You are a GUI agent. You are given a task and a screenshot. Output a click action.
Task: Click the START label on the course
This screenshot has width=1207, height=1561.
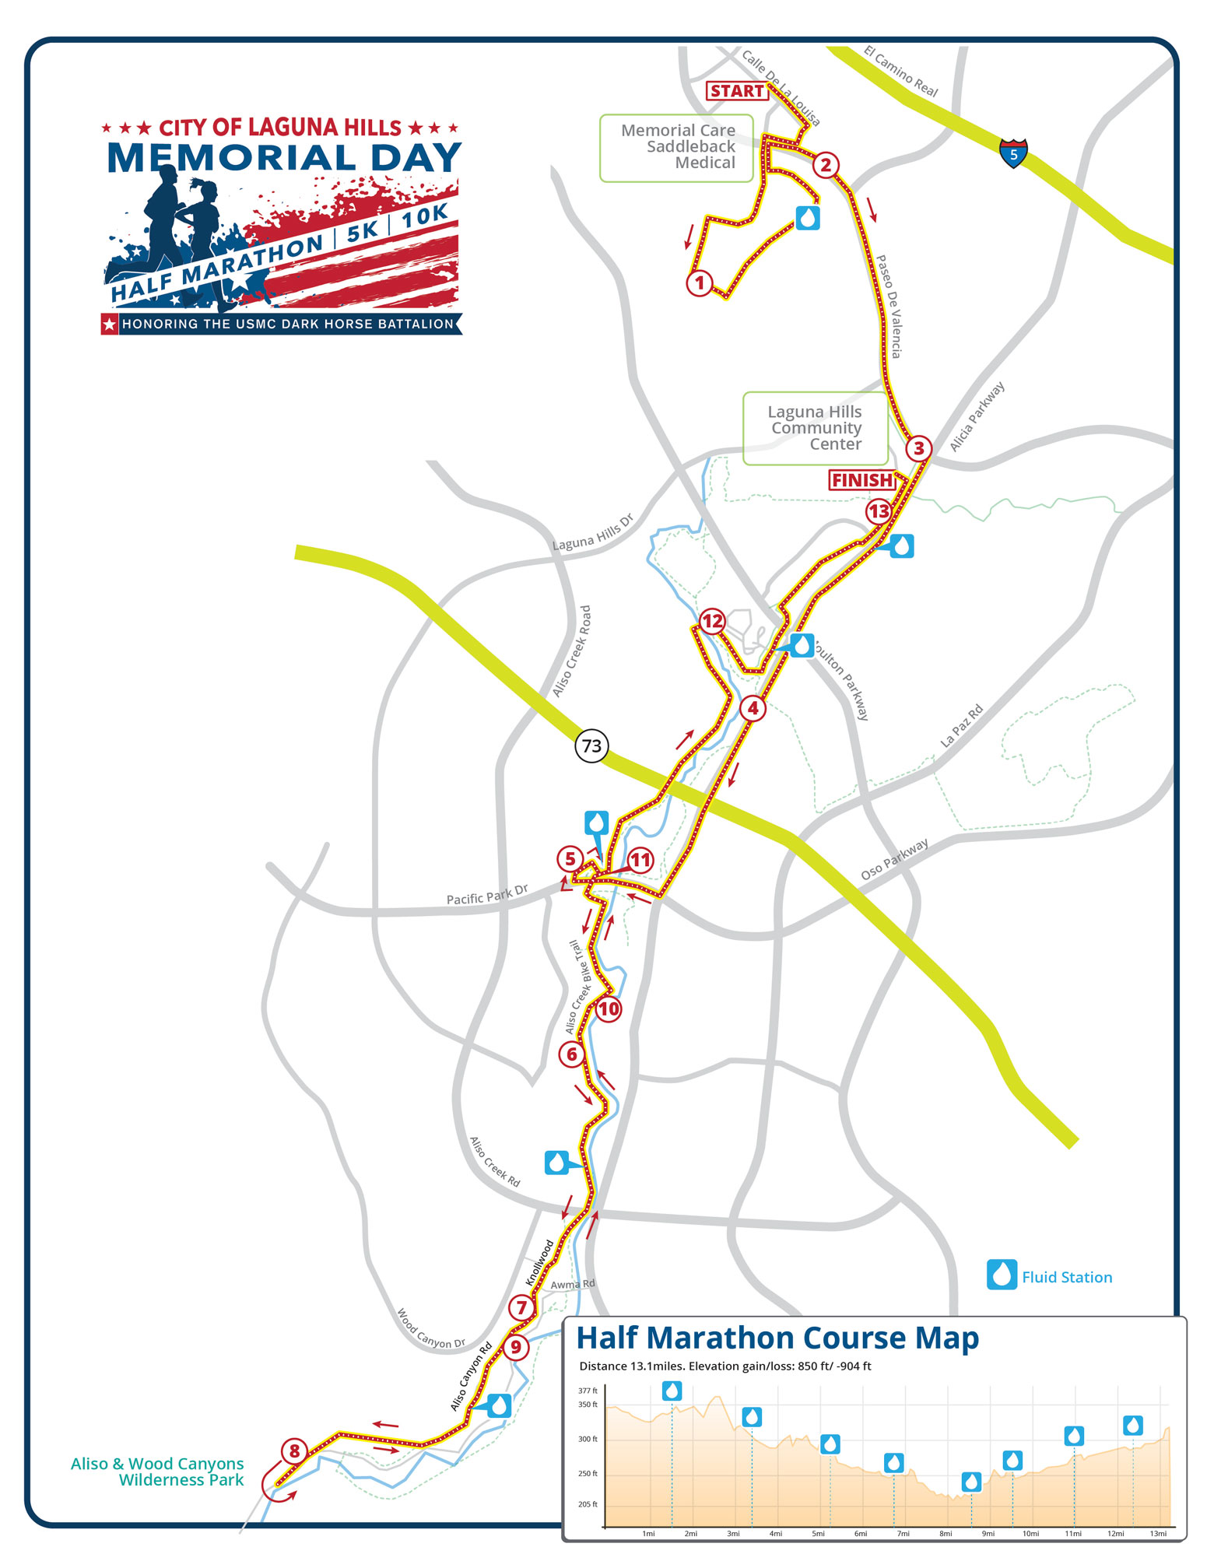pyautogui.click(x=736, y=91)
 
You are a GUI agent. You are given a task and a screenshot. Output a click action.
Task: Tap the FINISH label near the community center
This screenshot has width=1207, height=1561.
pyautogui.click(x=861, y=480)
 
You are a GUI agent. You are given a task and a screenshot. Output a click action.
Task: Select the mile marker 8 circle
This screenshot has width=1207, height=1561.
pyautogui.click(x=294, y=1451)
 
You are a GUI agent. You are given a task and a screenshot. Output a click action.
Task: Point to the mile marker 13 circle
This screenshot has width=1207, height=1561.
pyautogui.click(x=879, y=511)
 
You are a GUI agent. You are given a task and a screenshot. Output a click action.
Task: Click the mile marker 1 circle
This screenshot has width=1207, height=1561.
pyautogui.click(x=699, y=283)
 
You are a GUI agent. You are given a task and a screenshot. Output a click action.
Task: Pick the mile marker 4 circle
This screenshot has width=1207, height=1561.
pyautogui.click(x=753, y=708)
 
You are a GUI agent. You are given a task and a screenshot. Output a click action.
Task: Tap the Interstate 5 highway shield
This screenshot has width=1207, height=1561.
pyautogui.click(x=1013, y=153)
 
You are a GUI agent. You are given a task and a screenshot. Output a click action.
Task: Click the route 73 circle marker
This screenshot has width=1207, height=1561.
pyautogui.click(x=591, y=746)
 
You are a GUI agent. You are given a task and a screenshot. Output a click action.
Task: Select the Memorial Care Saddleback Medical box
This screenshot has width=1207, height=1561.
pyautogui.click(x=677, y=148)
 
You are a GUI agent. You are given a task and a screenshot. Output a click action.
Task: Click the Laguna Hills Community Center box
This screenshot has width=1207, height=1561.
pyautogui.click(x=815, y=429)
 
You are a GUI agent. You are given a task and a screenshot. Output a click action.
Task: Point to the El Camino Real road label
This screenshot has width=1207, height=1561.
pyautogui.click(x=901, y=72)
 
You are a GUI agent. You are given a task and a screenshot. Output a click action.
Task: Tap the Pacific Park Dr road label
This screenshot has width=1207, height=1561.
pyautogui.click(x=487, y=894)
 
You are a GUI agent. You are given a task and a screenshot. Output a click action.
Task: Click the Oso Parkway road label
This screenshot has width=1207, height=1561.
pyautogui.click(x=894, y=860)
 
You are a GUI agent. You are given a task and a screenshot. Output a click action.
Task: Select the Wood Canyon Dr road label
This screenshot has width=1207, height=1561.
pyautogui.click(x=430, y=1329)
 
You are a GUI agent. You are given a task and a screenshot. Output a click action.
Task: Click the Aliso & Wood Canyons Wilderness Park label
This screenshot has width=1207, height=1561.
pyautogui.click(x=157, y=1472)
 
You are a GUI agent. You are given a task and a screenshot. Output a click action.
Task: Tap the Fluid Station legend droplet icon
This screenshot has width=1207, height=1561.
pyautogui.click(x=1002, y=1275)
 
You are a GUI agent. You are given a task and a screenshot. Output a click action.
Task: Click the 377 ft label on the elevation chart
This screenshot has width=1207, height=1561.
pyautogui.click(x=588, y=1391)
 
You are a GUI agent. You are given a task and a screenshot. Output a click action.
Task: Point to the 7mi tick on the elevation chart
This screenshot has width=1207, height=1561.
pyautogui.click(x=903, y=1534)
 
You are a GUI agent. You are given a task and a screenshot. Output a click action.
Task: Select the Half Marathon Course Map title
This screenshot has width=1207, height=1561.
pyautogui.click(x=777, y=1338)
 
